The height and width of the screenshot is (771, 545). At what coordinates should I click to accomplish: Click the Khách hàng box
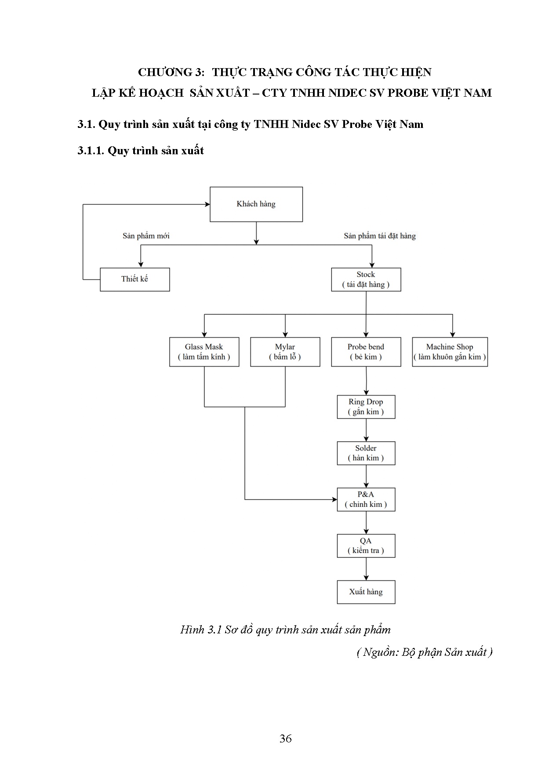tap(256, 204)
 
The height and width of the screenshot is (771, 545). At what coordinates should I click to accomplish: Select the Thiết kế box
tap(134, 279)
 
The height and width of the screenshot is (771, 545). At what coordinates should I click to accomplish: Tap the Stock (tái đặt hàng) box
tap(366, 279)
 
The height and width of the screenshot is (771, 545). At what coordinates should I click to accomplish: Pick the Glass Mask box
tap(204, 352)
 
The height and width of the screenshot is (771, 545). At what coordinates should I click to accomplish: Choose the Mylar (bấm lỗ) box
tap(285, 352)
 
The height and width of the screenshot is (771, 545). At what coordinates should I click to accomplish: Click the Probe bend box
tap(366, 352)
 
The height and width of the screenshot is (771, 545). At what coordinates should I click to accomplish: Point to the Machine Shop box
tap(450, 352)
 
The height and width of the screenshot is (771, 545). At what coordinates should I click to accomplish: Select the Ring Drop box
tap(366, 407)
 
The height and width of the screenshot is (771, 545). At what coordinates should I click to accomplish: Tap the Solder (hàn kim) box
tap(366, 453)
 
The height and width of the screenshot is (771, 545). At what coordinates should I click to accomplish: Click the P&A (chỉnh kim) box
tap(366, 499)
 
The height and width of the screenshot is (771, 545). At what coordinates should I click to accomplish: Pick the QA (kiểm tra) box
tap(366, 546)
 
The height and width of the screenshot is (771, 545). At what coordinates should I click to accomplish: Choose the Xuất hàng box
tap(366, 592)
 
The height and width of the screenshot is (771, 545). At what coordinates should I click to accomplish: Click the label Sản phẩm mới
tap(146, 236)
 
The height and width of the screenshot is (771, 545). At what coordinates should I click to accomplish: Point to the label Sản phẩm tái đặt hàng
tap(379, 236)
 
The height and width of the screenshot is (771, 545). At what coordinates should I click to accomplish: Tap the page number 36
tap(285, 739)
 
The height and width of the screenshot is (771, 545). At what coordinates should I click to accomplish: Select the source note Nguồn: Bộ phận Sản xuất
tap(425, 652)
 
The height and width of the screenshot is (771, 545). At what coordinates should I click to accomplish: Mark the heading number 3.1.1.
tap(91, 151)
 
